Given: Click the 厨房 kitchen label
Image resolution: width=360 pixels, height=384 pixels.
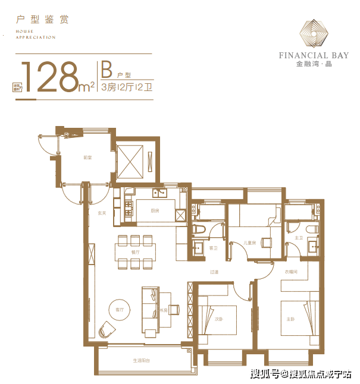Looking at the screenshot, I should pos(155,210).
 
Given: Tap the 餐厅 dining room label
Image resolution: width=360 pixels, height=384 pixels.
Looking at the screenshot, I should pos(135,252).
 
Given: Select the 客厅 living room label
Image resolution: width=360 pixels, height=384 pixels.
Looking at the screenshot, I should pos(120,309).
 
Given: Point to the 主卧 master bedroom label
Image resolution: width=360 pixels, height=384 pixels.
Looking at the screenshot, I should pos(290,319).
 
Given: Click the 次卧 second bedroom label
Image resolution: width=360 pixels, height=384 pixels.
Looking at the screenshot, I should pos(219,319).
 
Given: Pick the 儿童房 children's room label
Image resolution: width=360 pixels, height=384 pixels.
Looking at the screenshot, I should pos(250,243).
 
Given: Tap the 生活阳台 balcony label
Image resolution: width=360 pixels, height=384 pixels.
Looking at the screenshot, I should pos(141,361).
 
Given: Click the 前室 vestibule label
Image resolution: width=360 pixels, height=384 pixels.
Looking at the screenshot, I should pos(87,158).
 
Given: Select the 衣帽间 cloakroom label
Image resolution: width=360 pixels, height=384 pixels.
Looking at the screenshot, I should pos(291,272).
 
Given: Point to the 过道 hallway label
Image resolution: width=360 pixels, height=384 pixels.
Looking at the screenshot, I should pos(214,272).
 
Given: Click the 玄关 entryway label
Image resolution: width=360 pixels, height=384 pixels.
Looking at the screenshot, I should pos(102,213).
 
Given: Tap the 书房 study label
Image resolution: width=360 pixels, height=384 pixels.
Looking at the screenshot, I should pos(162,310).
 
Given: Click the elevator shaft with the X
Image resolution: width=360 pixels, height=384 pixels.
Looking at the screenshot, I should pos(131,159).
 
